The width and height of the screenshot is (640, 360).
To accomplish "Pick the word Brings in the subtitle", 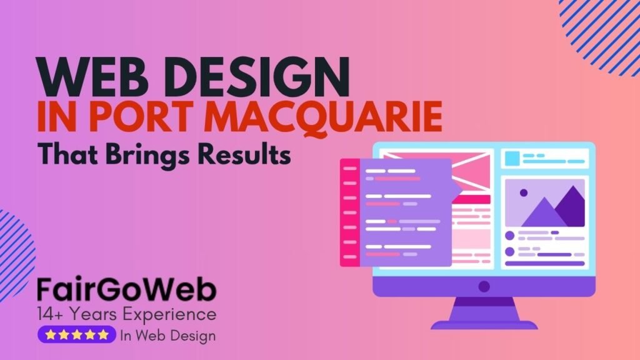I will point(150,154).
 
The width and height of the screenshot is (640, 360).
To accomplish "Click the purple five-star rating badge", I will point(77,335).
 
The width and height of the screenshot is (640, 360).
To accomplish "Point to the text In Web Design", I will point(167,336).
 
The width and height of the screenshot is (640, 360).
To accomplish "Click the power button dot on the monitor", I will point(484,287).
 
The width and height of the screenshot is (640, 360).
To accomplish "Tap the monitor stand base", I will point(484,324).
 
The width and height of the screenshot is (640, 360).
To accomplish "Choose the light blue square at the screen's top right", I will point(512,158).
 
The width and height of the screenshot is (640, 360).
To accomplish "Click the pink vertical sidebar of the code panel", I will point(350,212).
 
